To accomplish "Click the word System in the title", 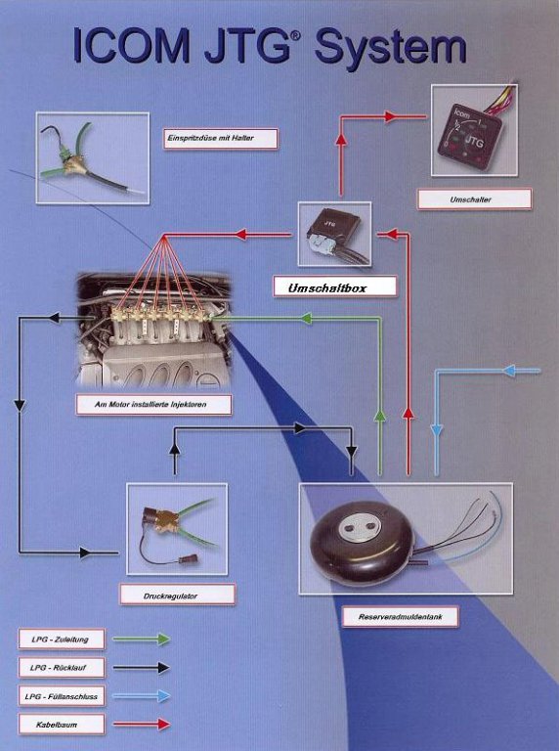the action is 391,48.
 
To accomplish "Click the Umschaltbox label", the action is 335,287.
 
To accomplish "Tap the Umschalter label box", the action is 474,199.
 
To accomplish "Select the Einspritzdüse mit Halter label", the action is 221,138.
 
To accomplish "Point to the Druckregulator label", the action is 177,595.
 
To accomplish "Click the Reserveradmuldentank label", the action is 400,616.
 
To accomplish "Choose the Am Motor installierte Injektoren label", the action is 153,404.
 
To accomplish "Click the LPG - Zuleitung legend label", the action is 62,639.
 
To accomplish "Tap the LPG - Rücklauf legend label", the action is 62,667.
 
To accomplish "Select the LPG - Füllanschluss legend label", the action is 62,696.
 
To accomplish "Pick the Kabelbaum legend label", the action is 62,725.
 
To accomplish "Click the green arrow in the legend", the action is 142,639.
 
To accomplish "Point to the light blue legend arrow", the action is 142,696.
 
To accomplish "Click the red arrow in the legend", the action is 142,725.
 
